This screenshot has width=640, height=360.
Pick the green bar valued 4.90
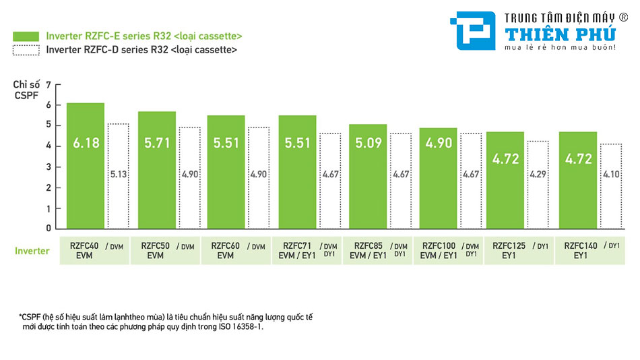click(439, 179)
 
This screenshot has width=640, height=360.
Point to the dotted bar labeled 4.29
click(538, 185)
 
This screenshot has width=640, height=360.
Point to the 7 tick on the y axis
click(49, 84)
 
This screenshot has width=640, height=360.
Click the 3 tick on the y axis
click(49, 167)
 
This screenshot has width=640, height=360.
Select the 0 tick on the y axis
click(49, 229)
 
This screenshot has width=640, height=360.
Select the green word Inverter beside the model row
click(32, 251)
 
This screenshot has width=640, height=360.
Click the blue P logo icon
click(475, 31)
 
